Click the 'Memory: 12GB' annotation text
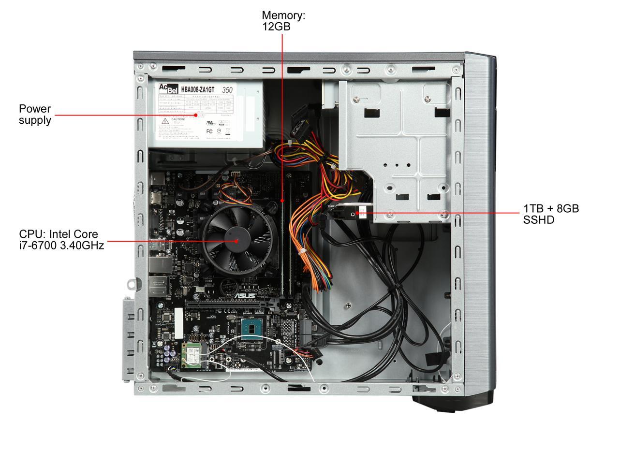click(x=283, y=21)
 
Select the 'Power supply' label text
click(x=35, y=114)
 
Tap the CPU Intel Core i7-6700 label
click(x=61, y=240)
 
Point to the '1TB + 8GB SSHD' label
click(x=551, y=214)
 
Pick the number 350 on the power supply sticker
click(x=226, y=90)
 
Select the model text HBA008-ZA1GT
click(x=197, y=89)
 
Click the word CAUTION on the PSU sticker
click(x=177, y=119)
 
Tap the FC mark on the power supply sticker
click(x=210, y=130)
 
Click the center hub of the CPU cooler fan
click(x=236, y=240)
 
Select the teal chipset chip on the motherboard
click(x=251, y=328)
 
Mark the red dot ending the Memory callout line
click(x=282, y=200)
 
